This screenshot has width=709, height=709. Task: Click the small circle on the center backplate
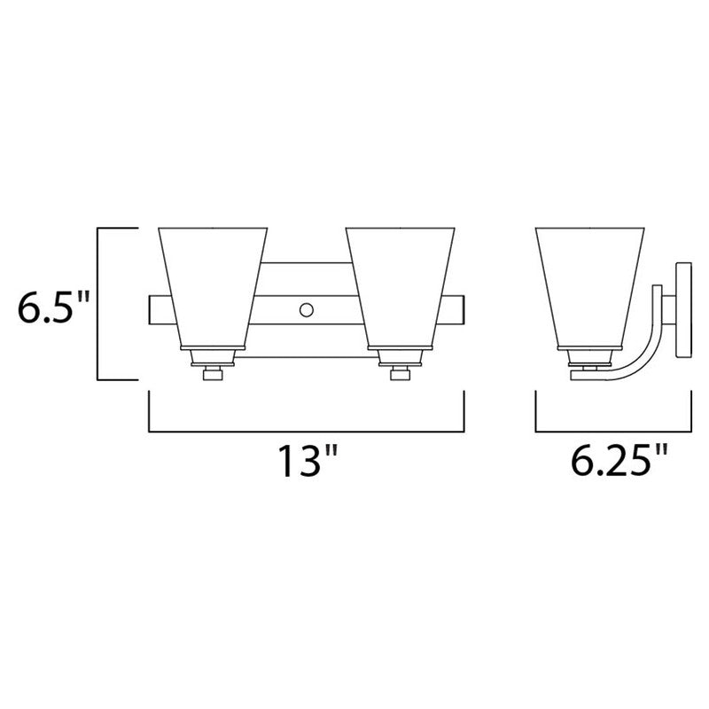[306, 309]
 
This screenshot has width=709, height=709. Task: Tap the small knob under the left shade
[213, 375]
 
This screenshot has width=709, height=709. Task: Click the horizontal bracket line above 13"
[306, 431]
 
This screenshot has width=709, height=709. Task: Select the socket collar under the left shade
[213, 358]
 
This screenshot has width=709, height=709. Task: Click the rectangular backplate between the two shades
[306, 284]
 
